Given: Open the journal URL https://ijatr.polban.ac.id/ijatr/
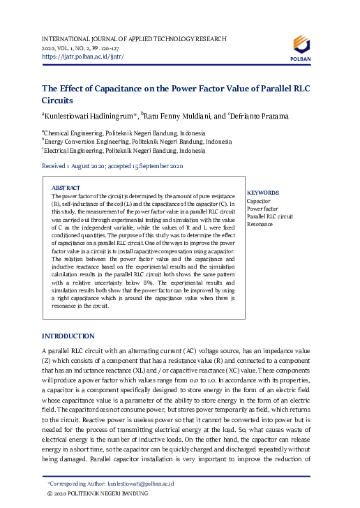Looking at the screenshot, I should coord(83,56).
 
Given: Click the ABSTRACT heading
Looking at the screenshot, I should coord(66,188).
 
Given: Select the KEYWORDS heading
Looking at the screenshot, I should coord(263,193).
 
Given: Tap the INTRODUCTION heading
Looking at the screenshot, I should coord(68,336).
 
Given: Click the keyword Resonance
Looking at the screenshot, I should coord(260,225).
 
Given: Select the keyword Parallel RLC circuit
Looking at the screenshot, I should coord(271,217).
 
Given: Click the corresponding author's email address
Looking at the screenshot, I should coord(140,483).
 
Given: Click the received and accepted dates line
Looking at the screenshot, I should coord(112,167).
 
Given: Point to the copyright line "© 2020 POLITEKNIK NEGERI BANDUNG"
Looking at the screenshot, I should coord(97,493).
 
